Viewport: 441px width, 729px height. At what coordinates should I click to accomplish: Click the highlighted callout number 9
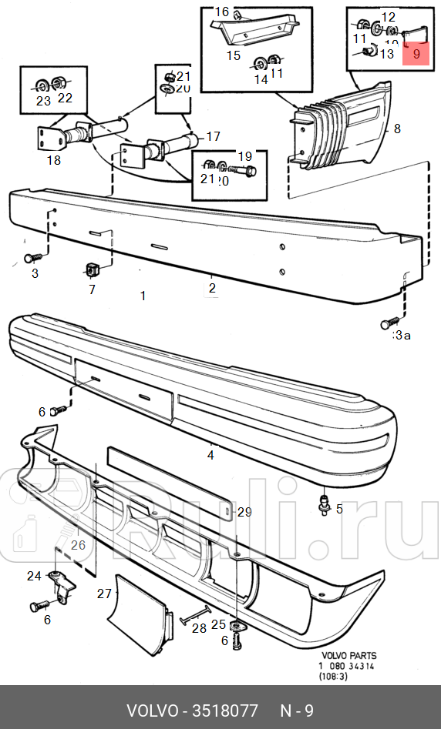pos(416,54)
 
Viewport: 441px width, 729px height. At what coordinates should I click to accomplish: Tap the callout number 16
pos(222,12)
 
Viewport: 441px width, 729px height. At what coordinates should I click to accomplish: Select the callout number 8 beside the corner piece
pos(397,129)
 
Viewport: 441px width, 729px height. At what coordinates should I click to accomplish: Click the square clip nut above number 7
pos(92,269)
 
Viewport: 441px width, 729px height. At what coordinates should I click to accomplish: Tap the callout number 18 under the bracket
pos(53,160)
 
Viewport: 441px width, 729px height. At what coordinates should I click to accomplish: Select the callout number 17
pos(213,137)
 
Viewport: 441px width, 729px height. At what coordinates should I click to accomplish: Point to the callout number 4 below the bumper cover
pos(210,455)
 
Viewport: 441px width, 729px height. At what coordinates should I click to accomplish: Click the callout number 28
pos(199,629)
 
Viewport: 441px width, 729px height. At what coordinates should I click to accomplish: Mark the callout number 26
pos(78,545)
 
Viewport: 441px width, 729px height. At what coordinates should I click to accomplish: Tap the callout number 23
pos(42,100)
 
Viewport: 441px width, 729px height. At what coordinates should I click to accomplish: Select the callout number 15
pos(233,55)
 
